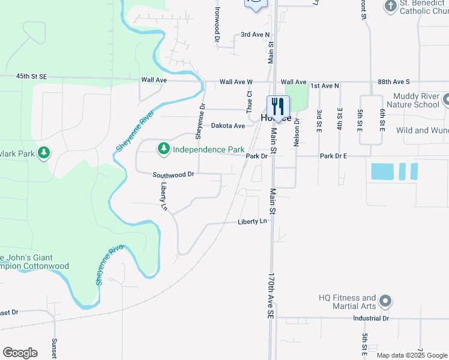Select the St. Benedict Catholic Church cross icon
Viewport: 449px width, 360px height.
click(390, 7)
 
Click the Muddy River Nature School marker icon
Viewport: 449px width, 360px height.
click(445, 99)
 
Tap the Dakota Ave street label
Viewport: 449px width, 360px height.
click(228, 125)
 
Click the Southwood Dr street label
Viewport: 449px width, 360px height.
click(173, 175)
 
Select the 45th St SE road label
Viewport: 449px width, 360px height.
click(31, 77)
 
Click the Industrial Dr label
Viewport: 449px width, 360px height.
click(371, 318)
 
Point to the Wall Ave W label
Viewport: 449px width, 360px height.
click(236, 82)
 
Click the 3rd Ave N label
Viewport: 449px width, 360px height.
click(255, 35)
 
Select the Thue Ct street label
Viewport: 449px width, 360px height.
click(249, 102)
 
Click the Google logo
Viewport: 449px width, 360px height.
click(20, 353)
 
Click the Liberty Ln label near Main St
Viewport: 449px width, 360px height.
click(252, 221)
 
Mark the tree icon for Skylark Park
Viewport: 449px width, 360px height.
click(43, 154)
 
